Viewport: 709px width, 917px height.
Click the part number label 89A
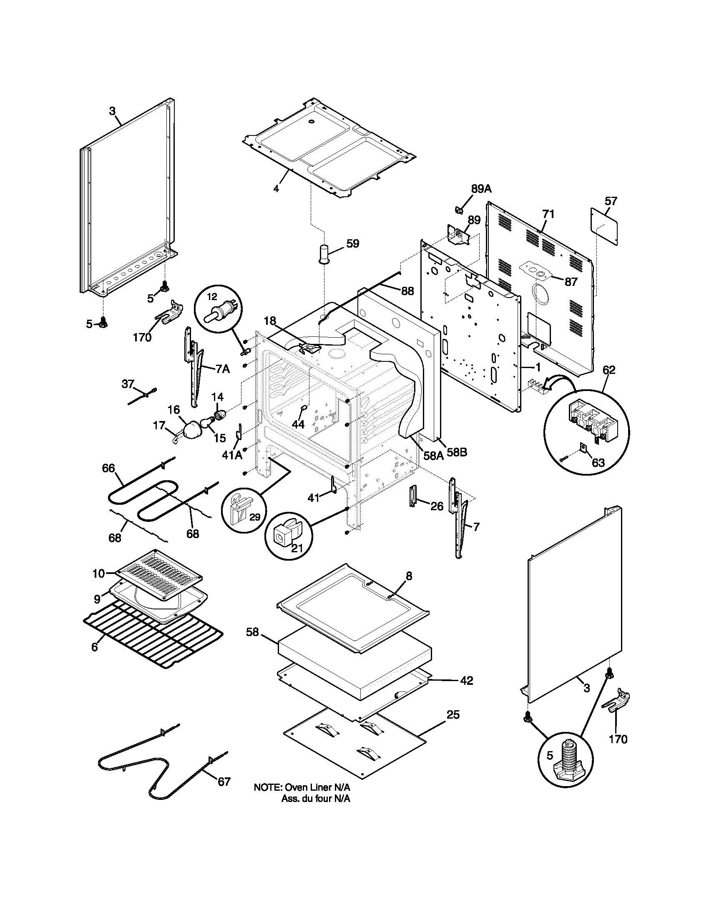[481, 189]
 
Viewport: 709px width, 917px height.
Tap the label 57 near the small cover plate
[611, 201]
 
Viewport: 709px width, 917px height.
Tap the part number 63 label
[598, 463]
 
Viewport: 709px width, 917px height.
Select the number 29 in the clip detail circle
[255, 517]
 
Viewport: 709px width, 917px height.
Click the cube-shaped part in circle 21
[281, 537]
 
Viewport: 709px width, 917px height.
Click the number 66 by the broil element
[108, 468]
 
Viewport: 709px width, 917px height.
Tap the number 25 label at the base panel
[453, 714]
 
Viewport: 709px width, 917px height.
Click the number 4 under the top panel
[276, 188]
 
